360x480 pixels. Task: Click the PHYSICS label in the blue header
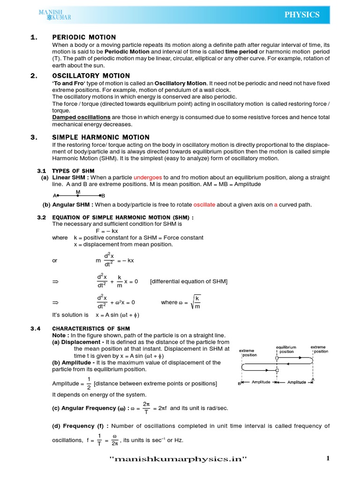(x=302, y=15)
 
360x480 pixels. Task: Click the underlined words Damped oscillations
(x=81, y=117)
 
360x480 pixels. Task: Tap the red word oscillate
(x=204, y=204)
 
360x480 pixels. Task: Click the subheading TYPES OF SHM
(x=73, y=171)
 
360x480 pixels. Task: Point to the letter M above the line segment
(x=78, y=192)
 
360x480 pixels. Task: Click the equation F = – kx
(x=107, y=231)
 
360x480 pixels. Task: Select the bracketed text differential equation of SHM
(x=188, y=281)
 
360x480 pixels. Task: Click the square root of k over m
(x=195, y=302)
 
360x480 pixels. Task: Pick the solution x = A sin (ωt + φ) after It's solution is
(x=118, y=315)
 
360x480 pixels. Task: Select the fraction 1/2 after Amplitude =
(x=89, y=383)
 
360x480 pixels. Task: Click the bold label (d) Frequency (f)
(x=80, y=426)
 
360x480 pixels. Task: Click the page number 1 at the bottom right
(x=328, y=459)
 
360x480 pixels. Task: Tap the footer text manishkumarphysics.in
(x=178, y=459)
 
